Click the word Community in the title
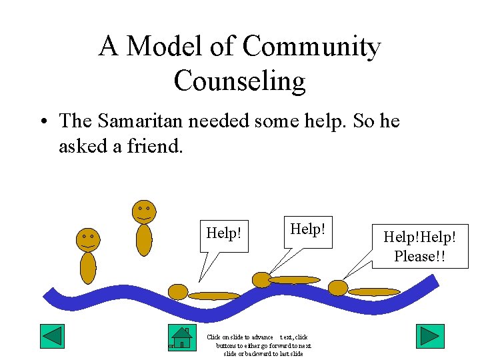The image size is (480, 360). (x=311, y=47)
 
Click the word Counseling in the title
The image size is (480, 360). (x=239, y=81)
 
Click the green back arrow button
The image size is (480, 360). (x=52, y=336)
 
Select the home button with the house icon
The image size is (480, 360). (x=181, y=337)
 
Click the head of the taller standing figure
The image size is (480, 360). (x=143, y=212)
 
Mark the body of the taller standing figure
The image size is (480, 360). (x=144, y=240)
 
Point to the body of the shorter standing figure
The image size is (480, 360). (x=88, y=267)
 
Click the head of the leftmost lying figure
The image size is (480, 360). (x=178, y=291)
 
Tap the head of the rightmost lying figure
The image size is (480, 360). (x=338, y=287)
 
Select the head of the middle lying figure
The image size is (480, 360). (x=261, y=280)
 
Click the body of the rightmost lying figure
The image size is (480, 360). (x=374, y=291)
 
